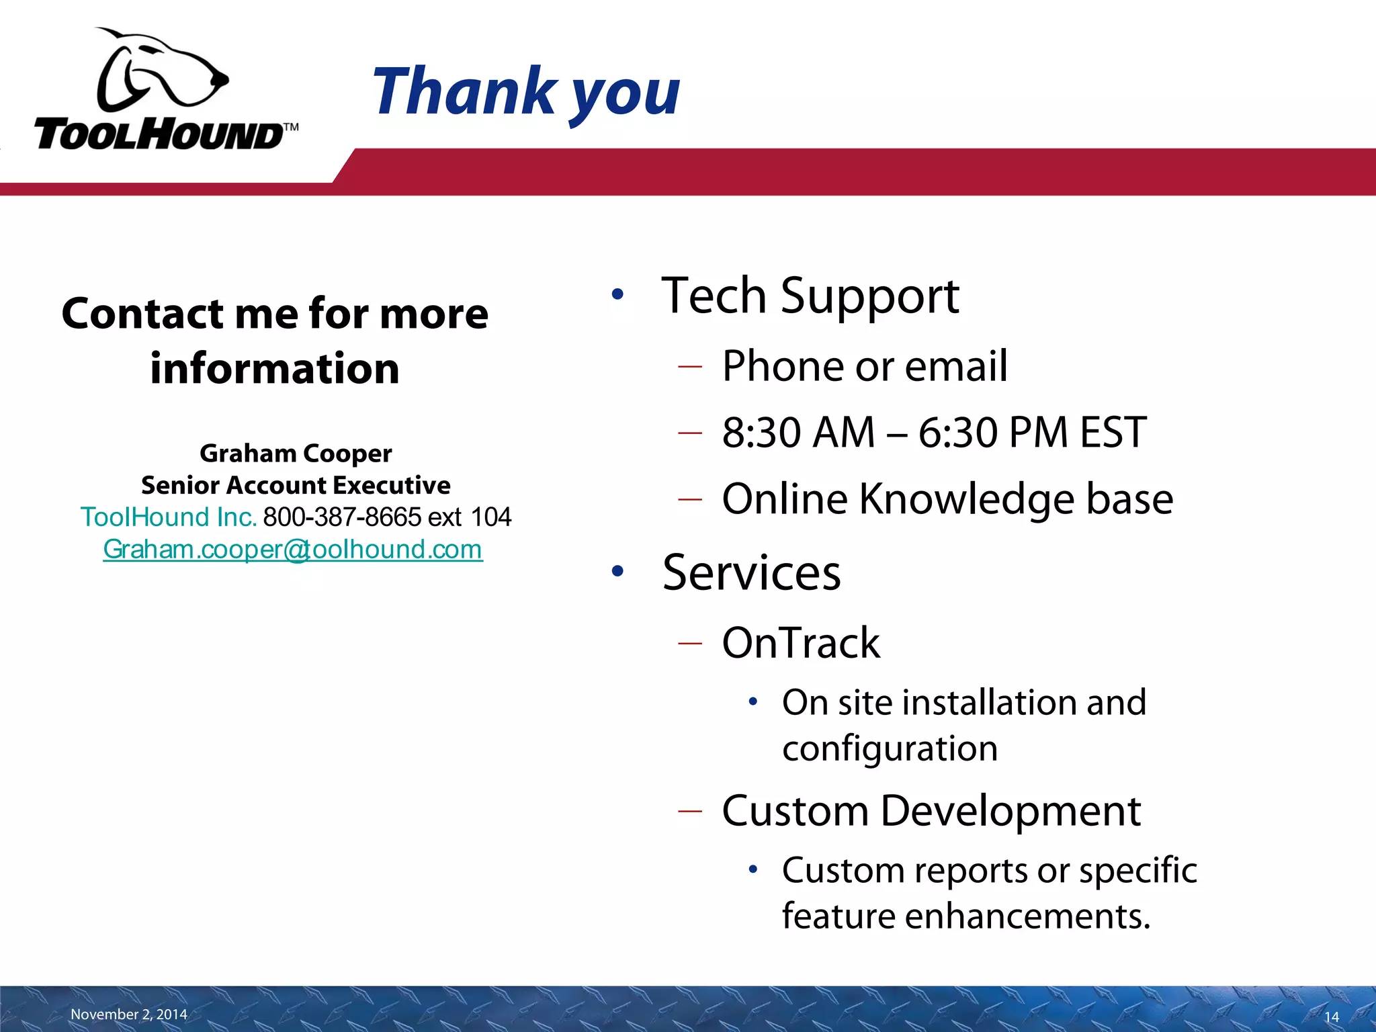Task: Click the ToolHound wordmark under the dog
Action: coord(158,135)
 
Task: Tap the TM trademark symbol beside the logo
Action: coord(290,128)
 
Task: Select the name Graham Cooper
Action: coord(296,454)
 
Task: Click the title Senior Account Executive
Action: coord(296,485)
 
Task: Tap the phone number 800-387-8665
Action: coord(342,517)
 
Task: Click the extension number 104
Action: coord(491,517)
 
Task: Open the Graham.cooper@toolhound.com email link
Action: coord(293,550)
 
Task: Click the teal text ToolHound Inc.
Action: coord(169,517)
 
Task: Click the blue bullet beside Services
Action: coord(617,572)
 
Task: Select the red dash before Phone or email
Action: coord(690,367)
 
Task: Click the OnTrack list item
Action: coord(801,643)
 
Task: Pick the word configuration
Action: coord(890,748)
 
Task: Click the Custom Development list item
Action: coord(931,811)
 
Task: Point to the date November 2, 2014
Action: coord(129,1014)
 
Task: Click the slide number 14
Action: coord(1331,1017)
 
